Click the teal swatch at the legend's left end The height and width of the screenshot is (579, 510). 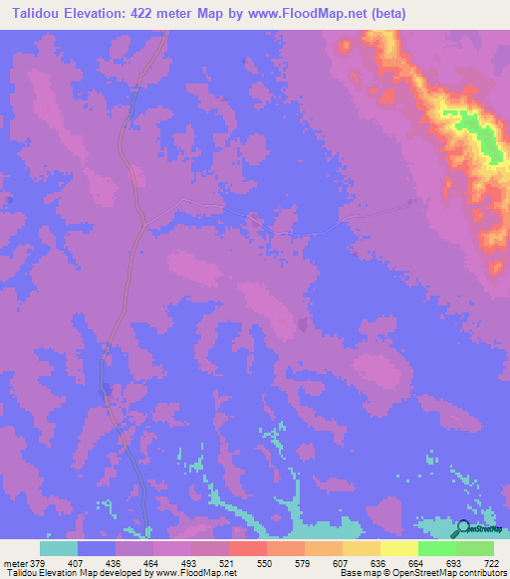coord(59,548)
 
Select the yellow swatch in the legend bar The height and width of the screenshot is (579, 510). coord(399,548)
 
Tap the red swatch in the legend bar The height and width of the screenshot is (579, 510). coord(248,548)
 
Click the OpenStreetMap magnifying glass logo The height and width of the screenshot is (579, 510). coord(465,529)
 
